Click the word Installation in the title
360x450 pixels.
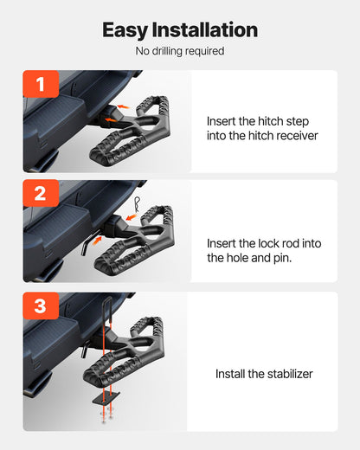click(207, 29)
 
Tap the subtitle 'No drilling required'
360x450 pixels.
click(180, 51)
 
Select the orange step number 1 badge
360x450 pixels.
click(41, 85)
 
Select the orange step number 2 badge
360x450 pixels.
click(41, 194)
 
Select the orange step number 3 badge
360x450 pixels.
click(41, 306)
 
